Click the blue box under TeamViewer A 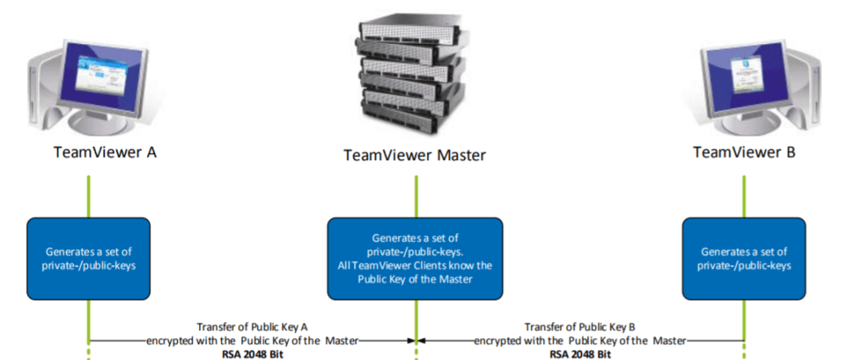tap(88, 258)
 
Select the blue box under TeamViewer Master tap(415, 258)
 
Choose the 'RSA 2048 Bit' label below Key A tap(252, 353)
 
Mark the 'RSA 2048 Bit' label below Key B tap(579, 353)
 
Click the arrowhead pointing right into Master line tap(409, 341)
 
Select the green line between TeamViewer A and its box tap(88, 195)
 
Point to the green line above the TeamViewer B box tap(745, 195)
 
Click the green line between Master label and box tap(415, 195)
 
